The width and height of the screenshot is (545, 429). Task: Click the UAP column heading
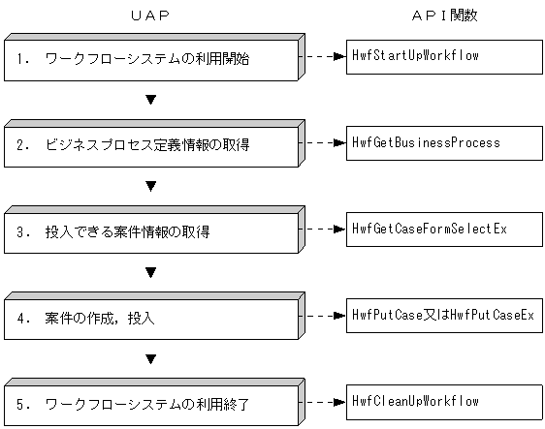(150, 16)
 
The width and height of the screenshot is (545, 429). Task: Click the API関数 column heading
(443, 16)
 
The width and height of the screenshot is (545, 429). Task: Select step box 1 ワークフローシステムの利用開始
(150, 60)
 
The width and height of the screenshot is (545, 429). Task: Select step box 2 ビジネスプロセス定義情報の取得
(150, 146)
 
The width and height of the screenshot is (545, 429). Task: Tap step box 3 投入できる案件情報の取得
(150, 232)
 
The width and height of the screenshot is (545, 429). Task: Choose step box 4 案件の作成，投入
(150, 319)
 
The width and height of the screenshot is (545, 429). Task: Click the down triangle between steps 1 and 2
(150, 100)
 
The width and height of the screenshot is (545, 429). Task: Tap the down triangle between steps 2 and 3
(150, 186)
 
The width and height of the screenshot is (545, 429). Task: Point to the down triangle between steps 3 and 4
(150, 272)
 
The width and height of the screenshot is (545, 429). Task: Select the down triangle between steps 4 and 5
(150, 358)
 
